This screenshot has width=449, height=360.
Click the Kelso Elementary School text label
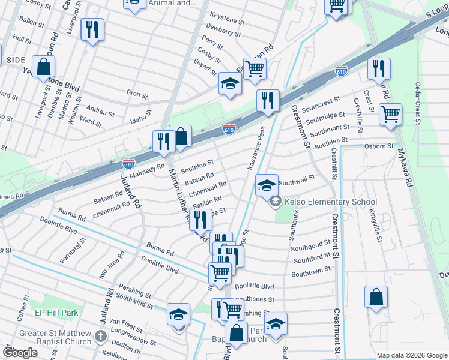[331, 202]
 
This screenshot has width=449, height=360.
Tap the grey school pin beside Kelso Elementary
[276, 202]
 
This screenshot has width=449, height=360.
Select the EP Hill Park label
[57, 313]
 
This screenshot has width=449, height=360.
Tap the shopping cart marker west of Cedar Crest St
[391, 113]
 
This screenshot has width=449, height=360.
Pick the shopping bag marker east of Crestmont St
[376, 298]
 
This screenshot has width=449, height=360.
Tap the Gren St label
[136, 94]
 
